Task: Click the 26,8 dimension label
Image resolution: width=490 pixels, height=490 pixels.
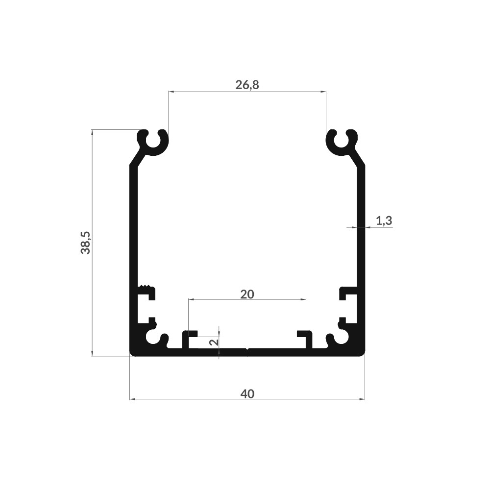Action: click(x=247, y=85)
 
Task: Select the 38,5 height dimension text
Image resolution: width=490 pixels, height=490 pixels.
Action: click(x=85, y=243)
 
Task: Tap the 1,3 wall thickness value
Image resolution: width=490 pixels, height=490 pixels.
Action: click(x=384, y=221)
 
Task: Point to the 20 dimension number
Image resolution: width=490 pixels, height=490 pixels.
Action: click(x=247, y=294)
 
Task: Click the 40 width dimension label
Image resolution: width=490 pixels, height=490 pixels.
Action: click(x=247, y=394)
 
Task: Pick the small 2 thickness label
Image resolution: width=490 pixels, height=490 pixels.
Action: click(x=215, y=342)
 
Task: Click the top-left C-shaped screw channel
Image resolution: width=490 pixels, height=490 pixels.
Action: click(x=153, y=143)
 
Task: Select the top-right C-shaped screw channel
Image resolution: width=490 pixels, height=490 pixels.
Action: click(x=342, y=143)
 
